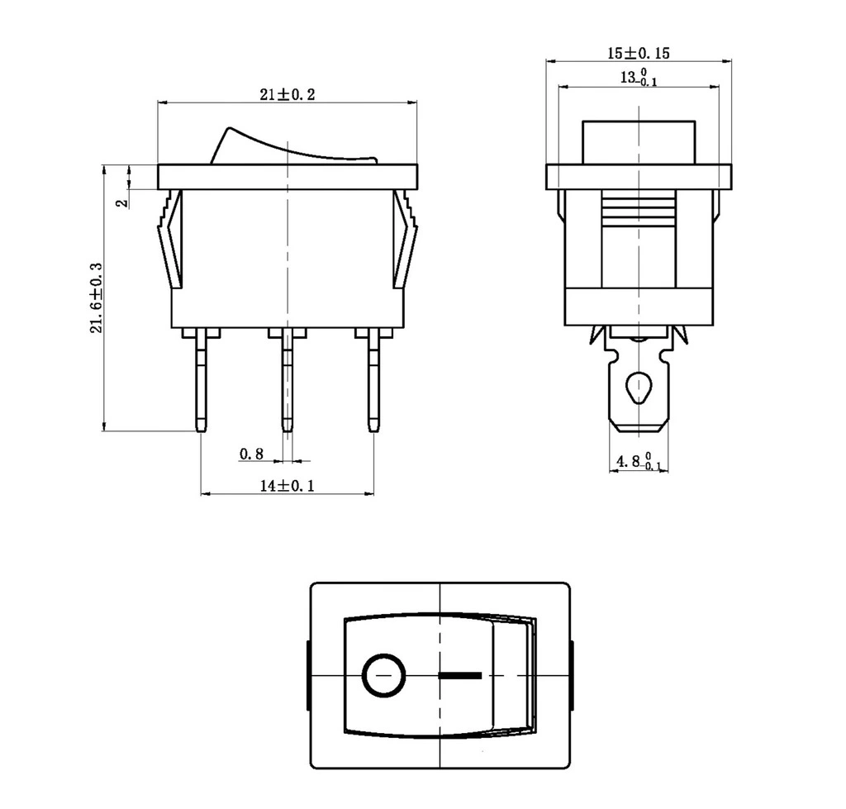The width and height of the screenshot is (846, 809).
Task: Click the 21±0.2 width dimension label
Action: pyautogui.click(x=287, y=95)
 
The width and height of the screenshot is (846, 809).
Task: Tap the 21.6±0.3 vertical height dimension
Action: pyautogui.click(x=96, y=298)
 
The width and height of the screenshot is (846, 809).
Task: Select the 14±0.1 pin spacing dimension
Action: pyautogui.click(x=287, y=486)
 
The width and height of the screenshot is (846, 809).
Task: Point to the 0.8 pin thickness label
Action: pyautogui.click(x=251, y=454)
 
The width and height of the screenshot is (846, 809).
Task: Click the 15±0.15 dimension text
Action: pyautogui.click(x=639, y=53)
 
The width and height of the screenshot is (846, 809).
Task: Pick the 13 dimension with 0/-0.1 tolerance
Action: pyautogui.click(x=639, y=77)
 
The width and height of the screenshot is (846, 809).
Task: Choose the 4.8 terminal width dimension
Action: pyautogui.click(x=639, y=461)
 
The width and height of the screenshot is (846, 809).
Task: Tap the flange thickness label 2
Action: pyautogui.click(x=124, y=203)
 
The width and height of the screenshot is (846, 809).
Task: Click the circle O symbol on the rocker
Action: pyautogui.click(x=383, y=675)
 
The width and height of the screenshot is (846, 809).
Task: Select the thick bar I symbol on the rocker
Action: pyautogui.click(x=460, y=675)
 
